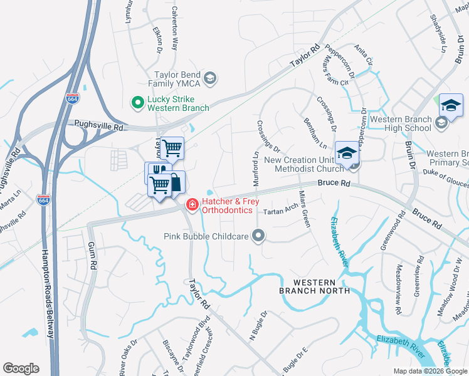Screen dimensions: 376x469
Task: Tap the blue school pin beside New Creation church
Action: point(347,153)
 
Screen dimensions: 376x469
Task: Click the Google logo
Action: point(21,368)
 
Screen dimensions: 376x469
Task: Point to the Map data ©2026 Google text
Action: point(430,371)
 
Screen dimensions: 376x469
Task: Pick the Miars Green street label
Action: point(305,209)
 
